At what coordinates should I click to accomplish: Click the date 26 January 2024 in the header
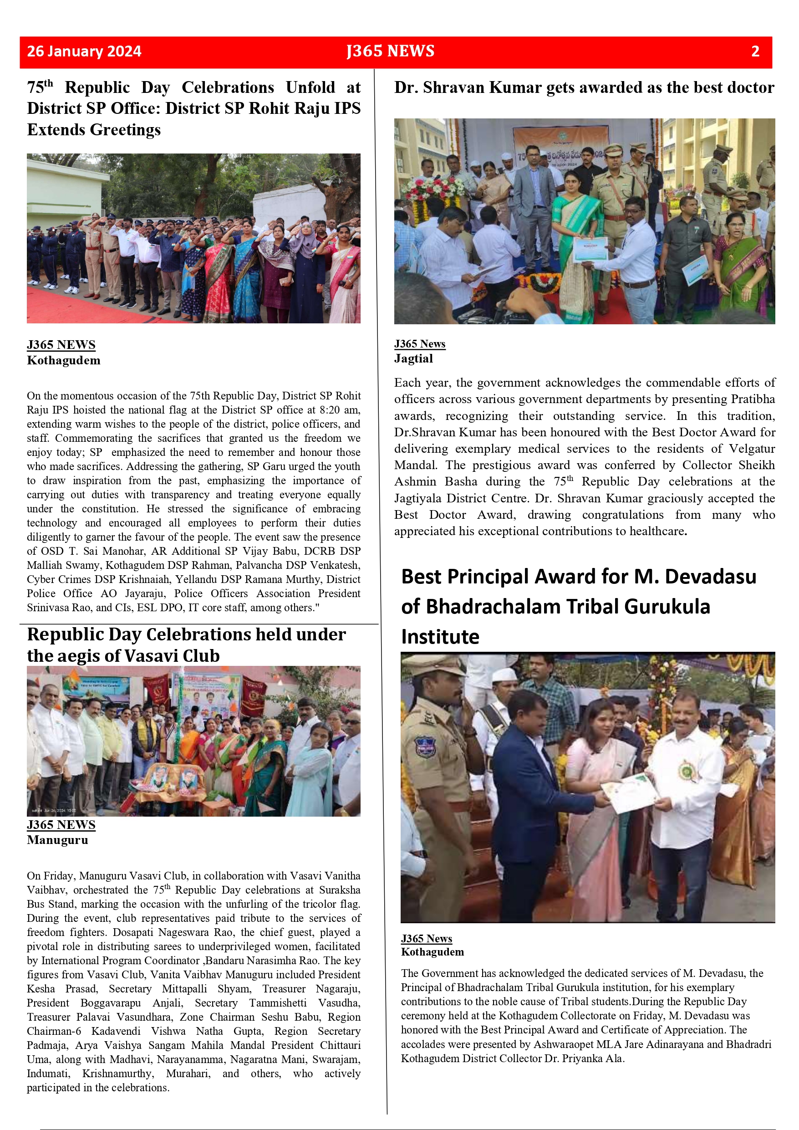[84, 51]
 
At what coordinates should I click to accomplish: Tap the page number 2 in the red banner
[755, 51]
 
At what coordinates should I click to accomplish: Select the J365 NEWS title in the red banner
[390, 51]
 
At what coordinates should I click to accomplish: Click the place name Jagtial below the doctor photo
[413, 359]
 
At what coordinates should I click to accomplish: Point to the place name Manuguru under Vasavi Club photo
[57, 840]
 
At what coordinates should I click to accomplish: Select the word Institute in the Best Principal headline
[440, 637]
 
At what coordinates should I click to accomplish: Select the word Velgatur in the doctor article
[752, 449]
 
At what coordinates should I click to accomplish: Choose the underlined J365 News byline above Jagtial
[419, 344]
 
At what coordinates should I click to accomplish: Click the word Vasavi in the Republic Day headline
[152, 656]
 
